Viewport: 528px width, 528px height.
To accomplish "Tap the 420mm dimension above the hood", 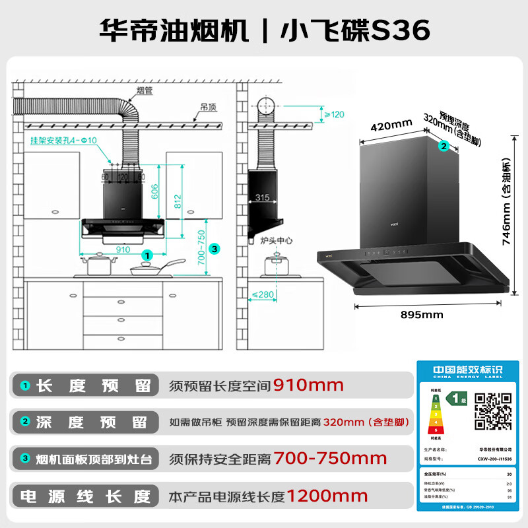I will [391, 125].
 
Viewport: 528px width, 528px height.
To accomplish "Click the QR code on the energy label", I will [494, 411].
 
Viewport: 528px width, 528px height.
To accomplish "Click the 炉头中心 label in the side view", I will [276, 242].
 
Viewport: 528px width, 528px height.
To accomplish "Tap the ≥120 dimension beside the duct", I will [333, 114].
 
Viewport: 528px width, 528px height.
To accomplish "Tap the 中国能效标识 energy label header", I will [464, 370].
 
